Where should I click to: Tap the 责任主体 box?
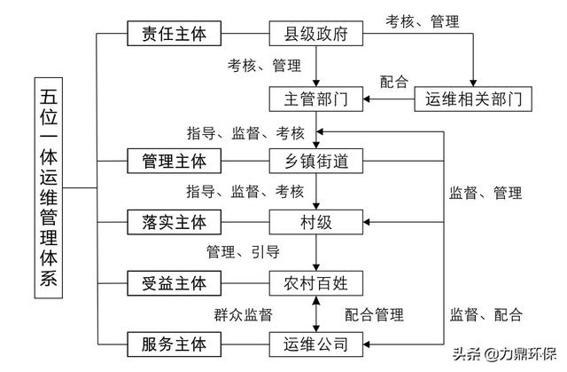(174, 35)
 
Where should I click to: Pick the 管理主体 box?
(174, 161)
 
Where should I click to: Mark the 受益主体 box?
(174, 282)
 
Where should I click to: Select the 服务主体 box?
(174, 343)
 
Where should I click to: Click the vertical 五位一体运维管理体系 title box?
(49, 188)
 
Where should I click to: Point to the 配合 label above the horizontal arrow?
(393, 82)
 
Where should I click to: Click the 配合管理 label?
(373, 313)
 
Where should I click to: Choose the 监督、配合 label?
(485, 313)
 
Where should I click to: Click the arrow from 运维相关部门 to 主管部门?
(390, 99)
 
